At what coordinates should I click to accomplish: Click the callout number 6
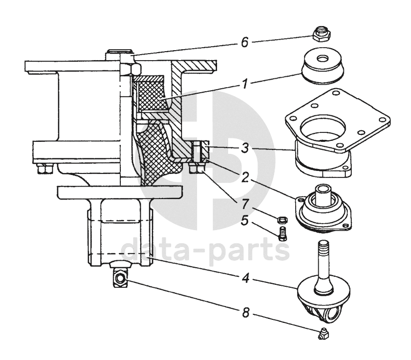(x=244, y=44)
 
